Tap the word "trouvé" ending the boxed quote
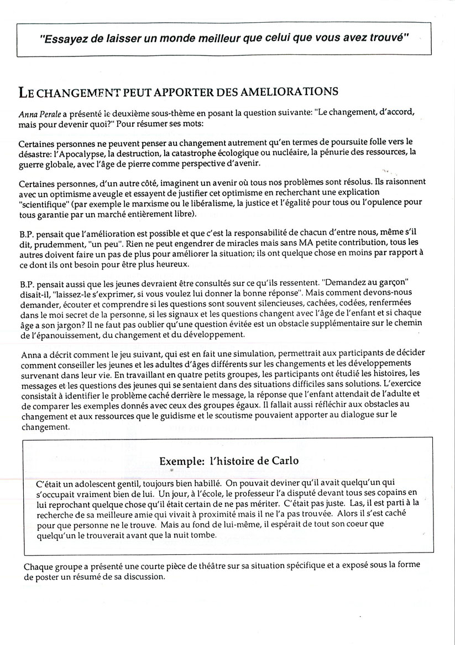point(388,39)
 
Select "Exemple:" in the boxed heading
point(179,461)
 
